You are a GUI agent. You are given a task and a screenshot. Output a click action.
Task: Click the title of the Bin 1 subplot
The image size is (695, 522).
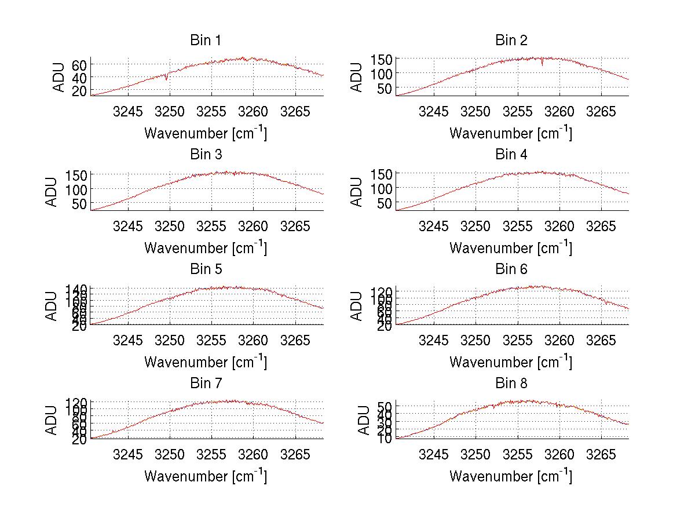pos(206,41)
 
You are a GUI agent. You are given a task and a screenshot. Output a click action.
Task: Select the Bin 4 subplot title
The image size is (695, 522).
pos(511,155)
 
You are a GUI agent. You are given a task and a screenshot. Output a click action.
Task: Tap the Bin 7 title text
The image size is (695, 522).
pos(206,384)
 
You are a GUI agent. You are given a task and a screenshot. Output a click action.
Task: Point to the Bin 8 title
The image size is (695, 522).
pos(511,384)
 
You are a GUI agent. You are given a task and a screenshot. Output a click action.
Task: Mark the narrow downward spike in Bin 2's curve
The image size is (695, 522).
pos(542,64)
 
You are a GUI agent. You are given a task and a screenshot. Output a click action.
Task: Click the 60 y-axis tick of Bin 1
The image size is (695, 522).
pos(79,64)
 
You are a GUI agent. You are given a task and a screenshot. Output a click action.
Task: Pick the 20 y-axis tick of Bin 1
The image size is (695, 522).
pos(79,91)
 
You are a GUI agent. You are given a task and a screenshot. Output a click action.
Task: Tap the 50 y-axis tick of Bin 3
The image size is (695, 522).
pos(79,203)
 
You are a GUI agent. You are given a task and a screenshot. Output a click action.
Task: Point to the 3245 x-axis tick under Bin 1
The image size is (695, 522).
pos(128,112)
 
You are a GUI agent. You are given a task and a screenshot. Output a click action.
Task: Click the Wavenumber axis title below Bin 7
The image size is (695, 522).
pos(206,476)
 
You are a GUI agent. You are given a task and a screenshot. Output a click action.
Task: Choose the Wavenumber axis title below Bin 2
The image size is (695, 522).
pos(511,133)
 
